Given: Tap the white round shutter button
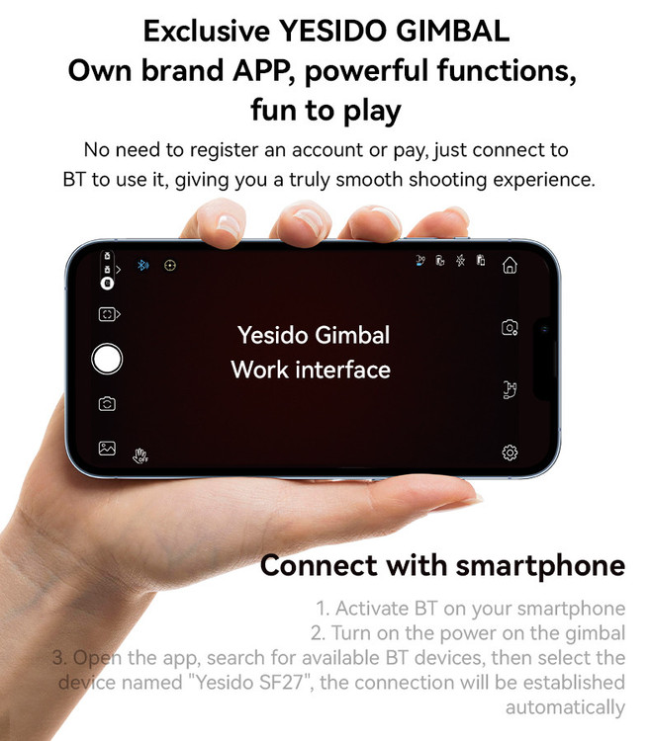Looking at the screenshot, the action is (107, 359).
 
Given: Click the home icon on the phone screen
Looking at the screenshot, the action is (510, 265).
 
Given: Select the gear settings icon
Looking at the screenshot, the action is (510, 453).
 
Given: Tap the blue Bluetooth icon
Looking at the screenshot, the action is (142, 265).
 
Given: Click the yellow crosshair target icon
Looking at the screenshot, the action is (170, 265).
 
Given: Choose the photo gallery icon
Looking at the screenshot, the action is (107, 448).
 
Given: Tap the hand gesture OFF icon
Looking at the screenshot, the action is (140, 455).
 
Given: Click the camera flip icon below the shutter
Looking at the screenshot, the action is (107, 403).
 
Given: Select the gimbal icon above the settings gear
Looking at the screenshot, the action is (510, 390).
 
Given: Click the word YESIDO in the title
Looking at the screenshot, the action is (332, 32).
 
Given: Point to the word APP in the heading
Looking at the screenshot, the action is (260, 70).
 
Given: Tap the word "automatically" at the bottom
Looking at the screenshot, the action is (565, 708).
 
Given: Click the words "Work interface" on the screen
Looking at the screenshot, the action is (311, 370).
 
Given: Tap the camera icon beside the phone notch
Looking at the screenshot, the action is (510, 327).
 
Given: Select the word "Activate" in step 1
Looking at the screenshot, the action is (371, 609).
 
